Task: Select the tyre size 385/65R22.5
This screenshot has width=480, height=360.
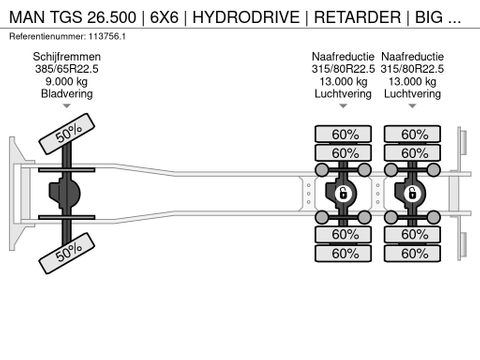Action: click(65, 69)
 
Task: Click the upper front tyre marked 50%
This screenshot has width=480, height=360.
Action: click(68, 133)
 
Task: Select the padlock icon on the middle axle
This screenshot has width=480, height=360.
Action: click(343, 193)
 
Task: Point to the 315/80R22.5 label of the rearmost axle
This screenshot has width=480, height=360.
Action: click(413, 69)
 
